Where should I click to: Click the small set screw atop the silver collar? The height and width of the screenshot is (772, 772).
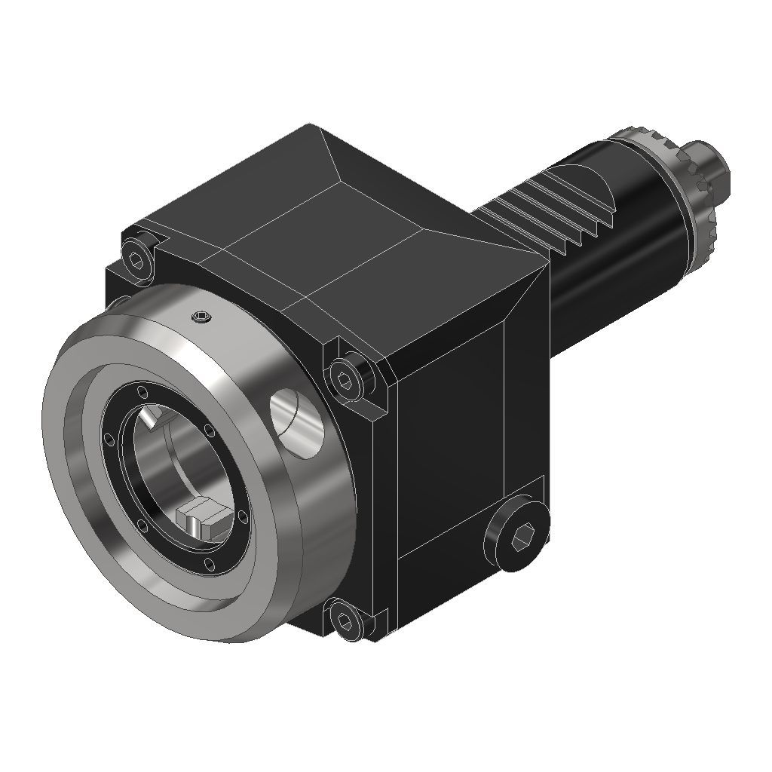tap(201, 318)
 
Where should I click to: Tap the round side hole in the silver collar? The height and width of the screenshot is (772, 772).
tap(298, 422)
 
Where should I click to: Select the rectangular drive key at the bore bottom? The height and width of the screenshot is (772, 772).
tap(201, 521)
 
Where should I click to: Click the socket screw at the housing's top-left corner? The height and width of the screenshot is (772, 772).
tap(136, 261)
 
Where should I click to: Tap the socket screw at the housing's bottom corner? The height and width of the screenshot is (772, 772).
tap(345, 621)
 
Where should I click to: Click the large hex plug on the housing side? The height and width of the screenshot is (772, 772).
tap(519, 538)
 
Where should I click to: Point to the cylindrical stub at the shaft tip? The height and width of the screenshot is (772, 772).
tap(715, 169)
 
